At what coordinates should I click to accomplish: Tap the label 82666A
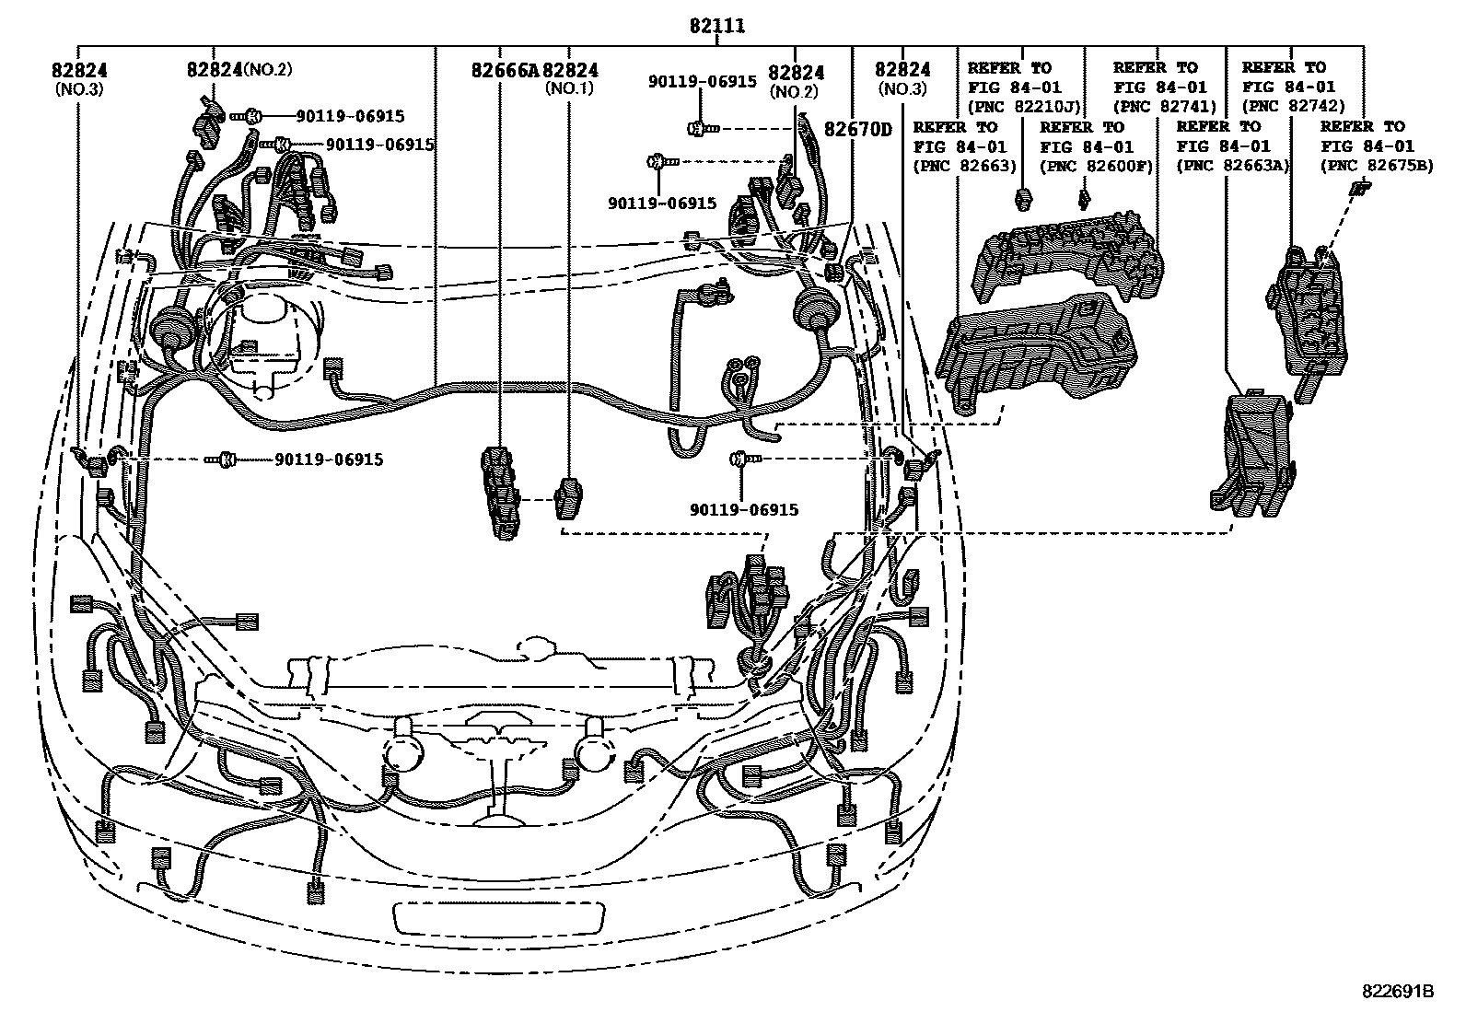point(505,71)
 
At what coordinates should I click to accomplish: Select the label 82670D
point(857,130)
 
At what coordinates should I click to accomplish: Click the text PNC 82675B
point(1377,166)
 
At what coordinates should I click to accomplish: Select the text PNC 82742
point(1294,106)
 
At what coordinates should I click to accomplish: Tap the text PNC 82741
point(1165,106)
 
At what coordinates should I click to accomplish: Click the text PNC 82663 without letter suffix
point(965,166)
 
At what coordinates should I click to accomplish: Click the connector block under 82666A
point(500,492)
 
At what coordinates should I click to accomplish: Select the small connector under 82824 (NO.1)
point(567,498)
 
